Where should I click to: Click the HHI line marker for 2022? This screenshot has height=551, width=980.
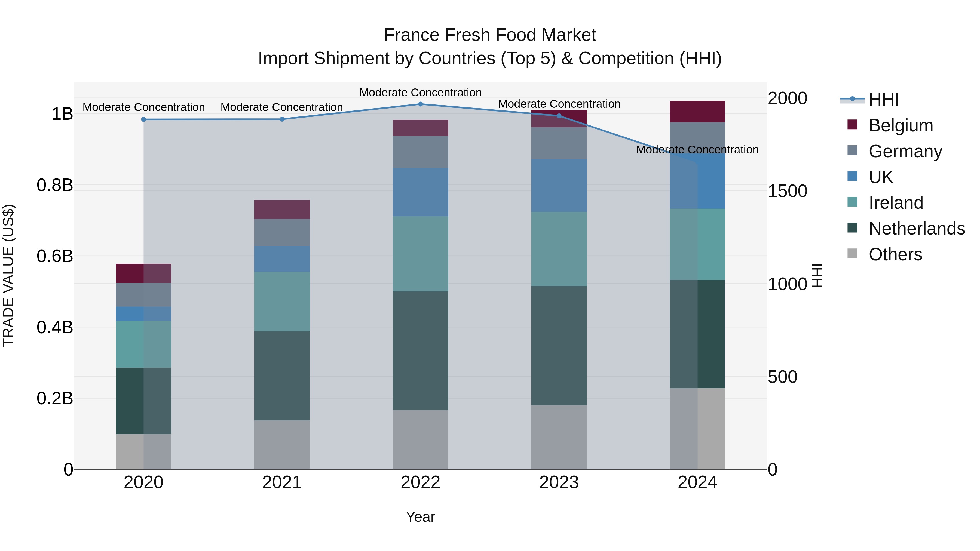420,104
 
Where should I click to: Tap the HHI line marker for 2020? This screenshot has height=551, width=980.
143,119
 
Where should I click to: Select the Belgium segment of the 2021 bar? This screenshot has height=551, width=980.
282,210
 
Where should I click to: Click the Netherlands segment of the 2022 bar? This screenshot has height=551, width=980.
420,351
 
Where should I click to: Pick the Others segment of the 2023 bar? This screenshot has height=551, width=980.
559,437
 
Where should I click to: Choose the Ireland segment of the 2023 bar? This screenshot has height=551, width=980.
559,249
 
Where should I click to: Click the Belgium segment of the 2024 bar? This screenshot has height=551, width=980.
697,111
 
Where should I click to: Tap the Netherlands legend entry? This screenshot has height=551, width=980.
917,229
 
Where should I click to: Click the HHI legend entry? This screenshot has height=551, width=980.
883,100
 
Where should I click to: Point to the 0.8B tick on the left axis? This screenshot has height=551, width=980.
55,185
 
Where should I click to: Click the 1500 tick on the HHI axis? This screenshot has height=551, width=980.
787,191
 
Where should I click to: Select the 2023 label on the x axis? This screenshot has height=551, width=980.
559,482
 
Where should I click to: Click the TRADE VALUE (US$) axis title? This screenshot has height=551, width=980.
9,275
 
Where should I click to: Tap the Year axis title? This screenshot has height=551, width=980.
420,517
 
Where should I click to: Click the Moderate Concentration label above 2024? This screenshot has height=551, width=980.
697,150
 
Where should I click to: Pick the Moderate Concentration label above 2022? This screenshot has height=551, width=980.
420,93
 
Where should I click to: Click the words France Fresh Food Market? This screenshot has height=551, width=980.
490,35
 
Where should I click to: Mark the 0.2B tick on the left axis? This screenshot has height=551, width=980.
55,398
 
